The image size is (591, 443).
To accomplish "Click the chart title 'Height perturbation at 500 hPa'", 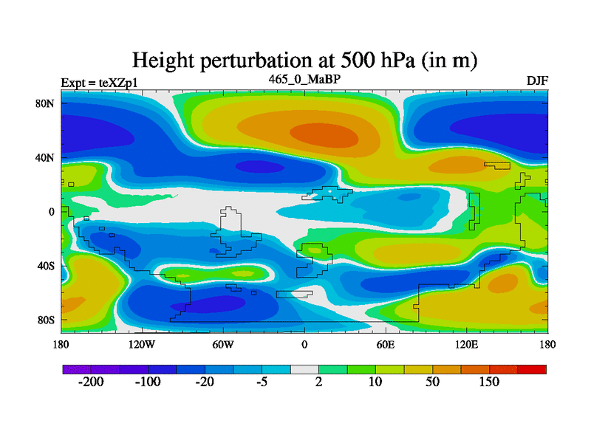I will tap(304, 61).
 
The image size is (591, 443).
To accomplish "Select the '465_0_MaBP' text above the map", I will tap(304, 78).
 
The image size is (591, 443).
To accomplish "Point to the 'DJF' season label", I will tap(537, 80).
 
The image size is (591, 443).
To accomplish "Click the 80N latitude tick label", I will tap(47, 103).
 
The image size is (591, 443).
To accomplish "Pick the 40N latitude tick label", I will tap(47, 157).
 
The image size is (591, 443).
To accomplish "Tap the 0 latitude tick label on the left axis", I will tap(52, 212).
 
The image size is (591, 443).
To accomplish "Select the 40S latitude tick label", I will tap(47, 266).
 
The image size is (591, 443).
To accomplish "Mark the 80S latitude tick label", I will tap(47, 320).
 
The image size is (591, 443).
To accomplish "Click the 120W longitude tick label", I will tap(141, 345).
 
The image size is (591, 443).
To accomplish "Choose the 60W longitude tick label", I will tap(223, 345).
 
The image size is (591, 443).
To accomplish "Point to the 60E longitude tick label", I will tap(385, 345).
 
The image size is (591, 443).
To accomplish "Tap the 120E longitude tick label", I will tap(466, 345).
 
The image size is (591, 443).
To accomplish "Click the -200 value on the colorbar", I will tap(91, 382).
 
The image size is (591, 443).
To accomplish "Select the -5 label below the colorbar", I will tap(262, 382).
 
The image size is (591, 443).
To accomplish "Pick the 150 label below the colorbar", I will tap(489, 382).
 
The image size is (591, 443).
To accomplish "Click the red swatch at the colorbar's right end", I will tap(532, 369).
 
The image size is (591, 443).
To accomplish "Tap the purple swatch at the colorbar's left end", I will tap(76, 369).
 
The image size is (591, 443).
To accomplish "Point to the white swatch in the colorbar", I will tap(304, 369).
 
